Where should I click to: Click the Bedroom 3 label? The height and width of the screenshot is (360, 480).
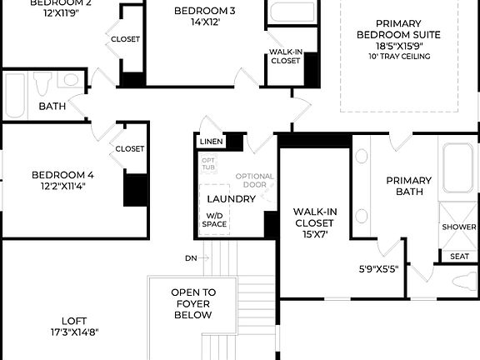point(204,16)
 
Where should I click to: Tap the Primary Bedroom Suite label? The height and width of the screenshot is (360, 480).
point(397,34)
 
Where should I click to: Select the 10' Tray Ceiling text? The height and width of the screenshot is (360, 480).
point(397,57)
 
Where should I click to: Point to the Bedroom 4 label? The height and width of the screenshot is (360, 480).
point(62,180)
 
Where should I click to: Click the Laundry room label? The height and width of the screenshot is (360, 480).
point(231,199)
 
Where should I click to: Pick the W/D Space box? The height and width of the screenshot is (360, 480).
point(215,220)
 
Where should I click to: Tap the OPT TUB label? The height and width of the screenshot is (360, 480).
point(209,163)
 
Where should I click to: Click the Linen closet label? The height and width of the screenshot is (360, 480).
point(210,142)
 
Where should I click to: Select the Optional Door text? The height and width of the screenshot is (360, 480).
point(254,181)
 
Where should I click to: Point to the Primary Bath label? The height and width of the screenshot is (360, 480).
point(408,186)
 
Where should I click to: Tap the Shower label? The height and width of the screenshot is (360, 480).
point(458,227)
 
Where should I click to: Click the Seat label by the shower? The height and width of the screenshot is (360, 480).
point(458,257)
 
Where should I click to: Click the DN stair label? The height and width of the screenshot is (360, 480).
point(191,258)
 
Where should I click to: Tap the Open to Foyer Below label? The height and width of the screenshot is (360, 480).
point(192,303)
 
